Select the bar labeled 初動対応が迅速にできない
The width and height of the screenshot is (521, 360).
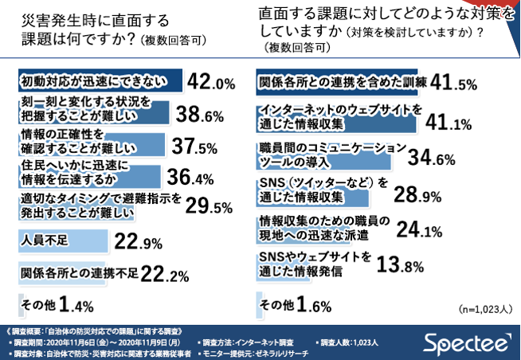tap(100, 82)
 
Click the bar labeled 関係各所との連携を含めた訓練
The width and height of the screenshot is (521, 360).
tap(343, 82)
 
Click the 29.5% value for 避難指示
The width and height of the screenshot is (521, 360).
tap(209, 209)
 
